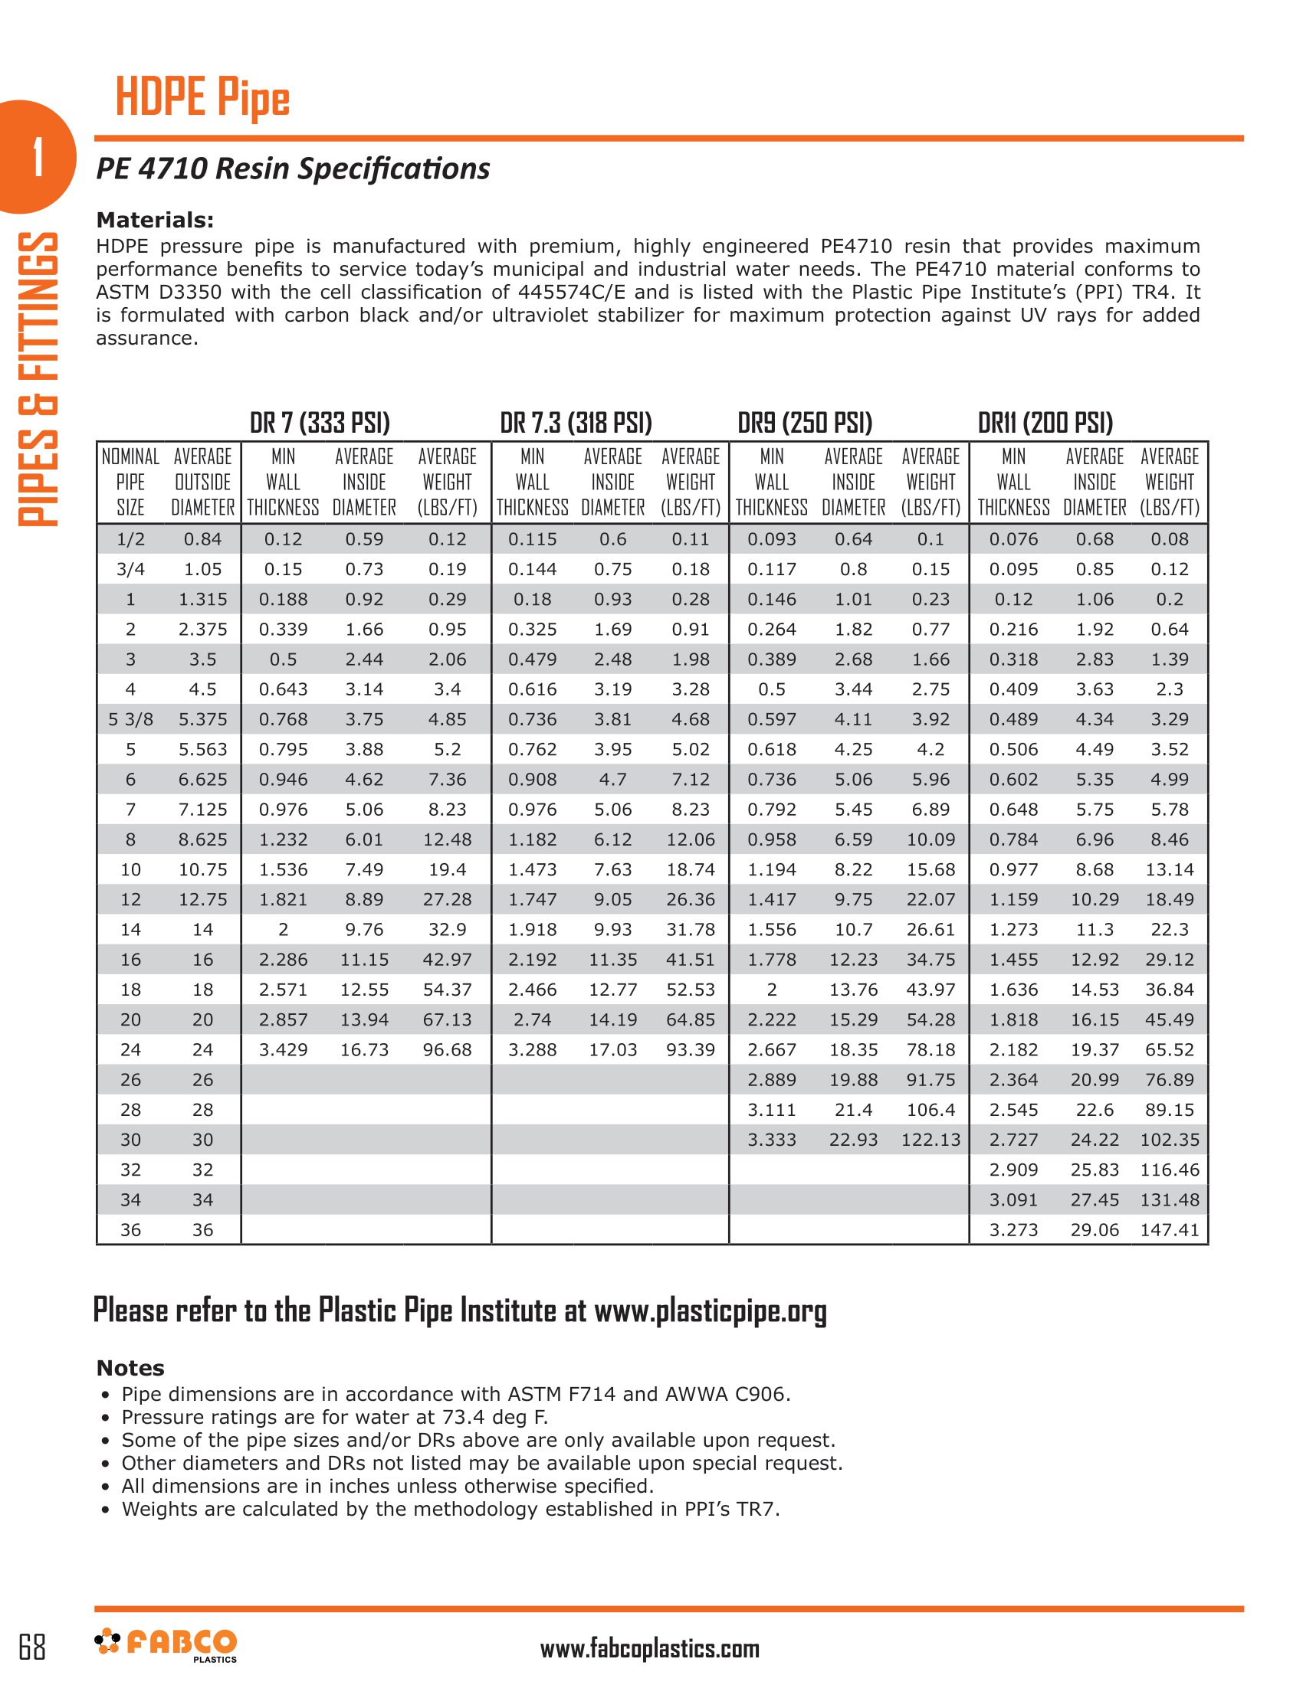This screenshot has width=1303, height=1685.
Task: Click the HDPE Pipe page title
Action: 202,98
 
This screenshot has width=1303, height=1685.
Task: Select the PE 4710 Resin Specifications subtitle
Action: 293,168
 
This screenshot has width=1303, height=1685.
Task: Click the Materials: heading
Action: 154,220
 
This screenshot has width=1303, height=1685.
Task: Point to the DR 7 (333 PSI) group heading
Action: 320,423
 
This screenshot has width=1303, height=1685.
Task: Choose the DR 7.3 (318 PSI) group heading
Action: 576,423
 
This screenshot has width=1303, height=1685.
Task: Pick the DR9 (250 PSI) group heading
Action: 805,423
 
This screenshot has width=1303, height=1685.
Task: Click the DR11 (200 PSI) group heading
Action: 1045,423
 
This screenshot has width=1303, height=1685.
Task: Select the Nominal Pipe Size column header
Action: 130,483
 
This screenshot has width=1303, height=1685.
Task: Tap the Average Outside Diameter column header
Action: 202,483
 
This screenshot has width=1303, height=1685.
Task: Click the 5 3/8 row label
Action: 130,719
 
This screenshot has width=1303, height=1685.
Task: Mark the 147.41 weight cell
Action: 1170,1230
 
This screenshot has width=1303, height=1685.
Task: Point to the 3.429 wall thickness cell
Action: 284,1049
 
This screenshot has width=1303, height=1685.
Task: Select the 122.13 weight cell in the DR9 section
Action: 930,1140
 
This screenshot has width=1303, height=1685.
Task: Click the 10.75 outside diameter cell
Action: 202,869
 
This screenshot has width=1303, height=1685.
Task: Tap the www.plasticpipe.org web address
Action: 711,1310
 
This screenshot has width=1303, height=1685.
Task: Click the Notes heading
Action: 130,1368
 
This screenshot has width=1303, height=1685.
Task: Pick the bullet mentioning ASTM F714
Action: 455,1394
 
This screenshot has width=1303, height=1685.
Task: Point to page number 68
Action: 31,1647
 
